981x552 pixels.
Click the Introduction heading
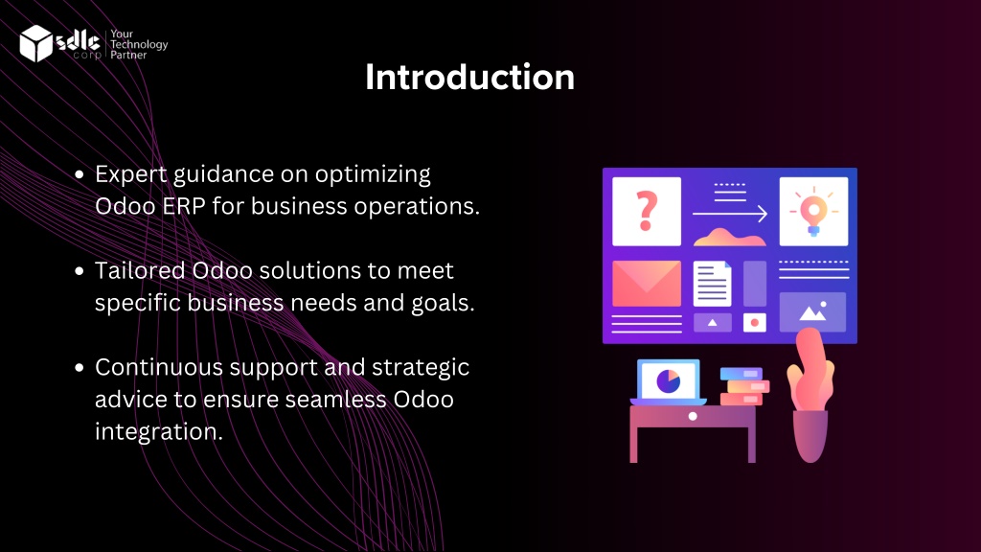469,77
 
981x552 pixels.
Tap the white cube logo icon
35,43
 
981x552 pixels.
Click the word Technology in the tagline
139,44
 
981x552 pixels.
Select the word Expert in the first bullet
130,174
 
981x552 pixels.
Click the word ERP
184,206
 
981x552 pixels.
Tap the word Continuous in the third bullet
159,367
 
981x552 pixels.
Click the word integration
159,431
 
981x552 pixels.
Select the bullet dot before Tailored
79,271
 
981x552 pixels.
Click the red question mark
647,211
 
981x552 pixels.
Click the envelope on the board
647,284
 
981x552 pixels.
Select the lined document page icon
712,284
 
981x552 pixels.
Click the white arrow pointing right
729,214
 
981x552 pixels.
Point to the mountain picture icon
812,311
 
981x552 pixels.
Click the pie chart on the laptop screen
668,380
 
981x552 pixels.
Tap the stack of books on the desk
743,386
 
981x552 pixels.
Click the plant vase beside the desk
810,436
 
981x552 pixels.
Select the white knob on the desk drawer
693,416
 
